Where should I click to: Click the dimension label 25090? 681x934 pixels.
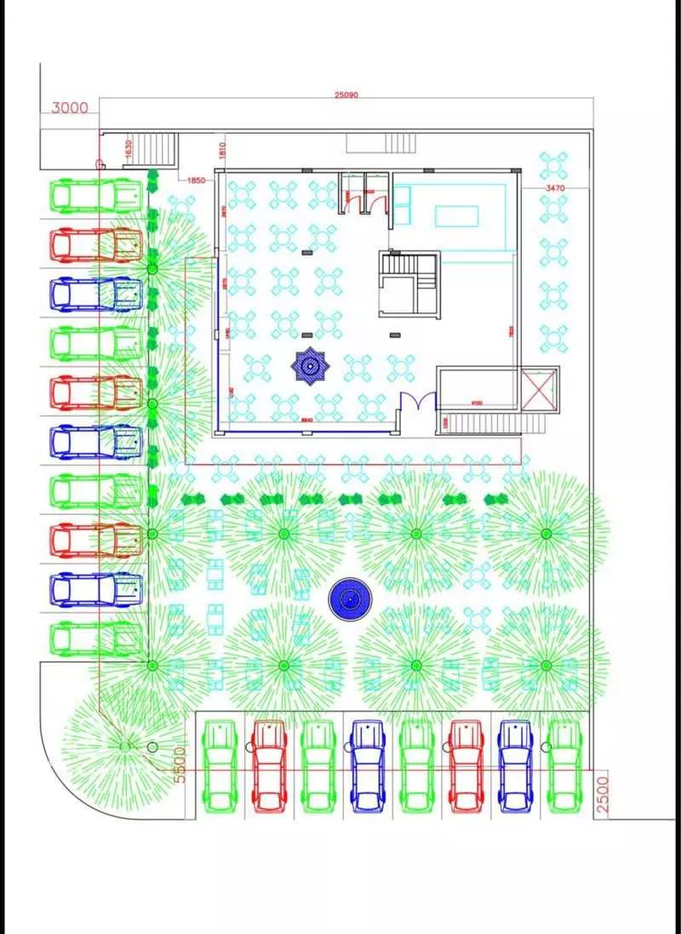click(346, 95)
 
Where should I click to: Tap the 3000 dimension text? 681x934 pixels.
click(70, 108)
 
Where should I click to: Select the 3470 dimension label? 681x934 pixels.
click(555, 186)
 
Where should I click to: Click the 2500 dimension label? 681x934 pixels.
click(603, 795)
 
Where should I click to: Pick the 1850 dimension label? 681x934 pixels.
click(196, 180)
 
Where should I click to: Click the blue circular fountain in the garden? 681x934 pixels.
click(347, 601)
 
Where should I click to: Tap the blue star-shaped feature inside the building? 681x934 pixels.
click(310, 367)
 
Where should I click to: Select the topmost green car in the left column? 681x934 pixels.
click(95, 195)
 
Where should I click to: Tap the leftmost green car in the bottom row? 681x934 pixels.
click(220, 765)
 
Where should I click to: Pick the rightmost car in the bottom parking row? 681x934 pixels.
click(563, 765)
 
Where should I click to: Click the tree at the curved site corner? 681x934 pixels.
click(125, 746)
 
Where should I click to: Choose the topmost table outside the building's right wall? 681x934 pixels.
click(553, 164)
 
